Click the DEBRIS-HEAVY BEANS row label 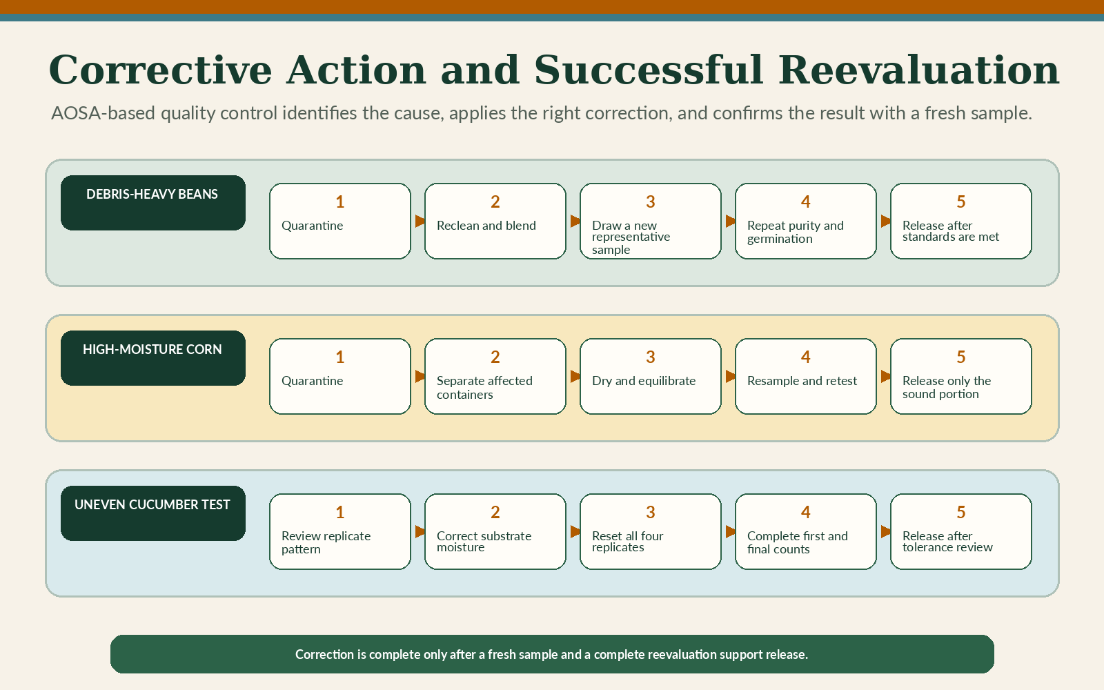(152, 203)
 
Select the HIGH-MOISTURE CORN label (152, 358)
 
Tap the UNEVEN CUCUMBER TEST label (152, 513)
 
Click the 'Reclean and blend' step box (495, 221)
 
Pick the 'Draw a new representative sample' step (650, 221)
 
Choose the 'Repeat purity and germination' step (805, 221)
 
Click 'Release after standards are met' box (960, 221)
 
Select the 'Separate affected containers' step (495, 377)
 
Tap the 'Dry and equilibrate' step (650, 377)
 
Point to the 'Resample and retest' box (805, 377)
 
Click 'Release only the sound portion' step (960, 377)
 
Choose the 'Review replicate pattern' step (339, 532)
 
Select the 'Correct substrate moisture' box (495, 532)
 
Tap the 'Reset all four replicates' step (650, 532)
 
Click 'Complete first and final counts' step (805, 532)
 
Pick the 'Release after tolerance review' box (960, 532)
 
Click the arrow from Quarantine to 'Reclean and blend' (420, 221)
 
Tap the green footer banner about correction (552, 654)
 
